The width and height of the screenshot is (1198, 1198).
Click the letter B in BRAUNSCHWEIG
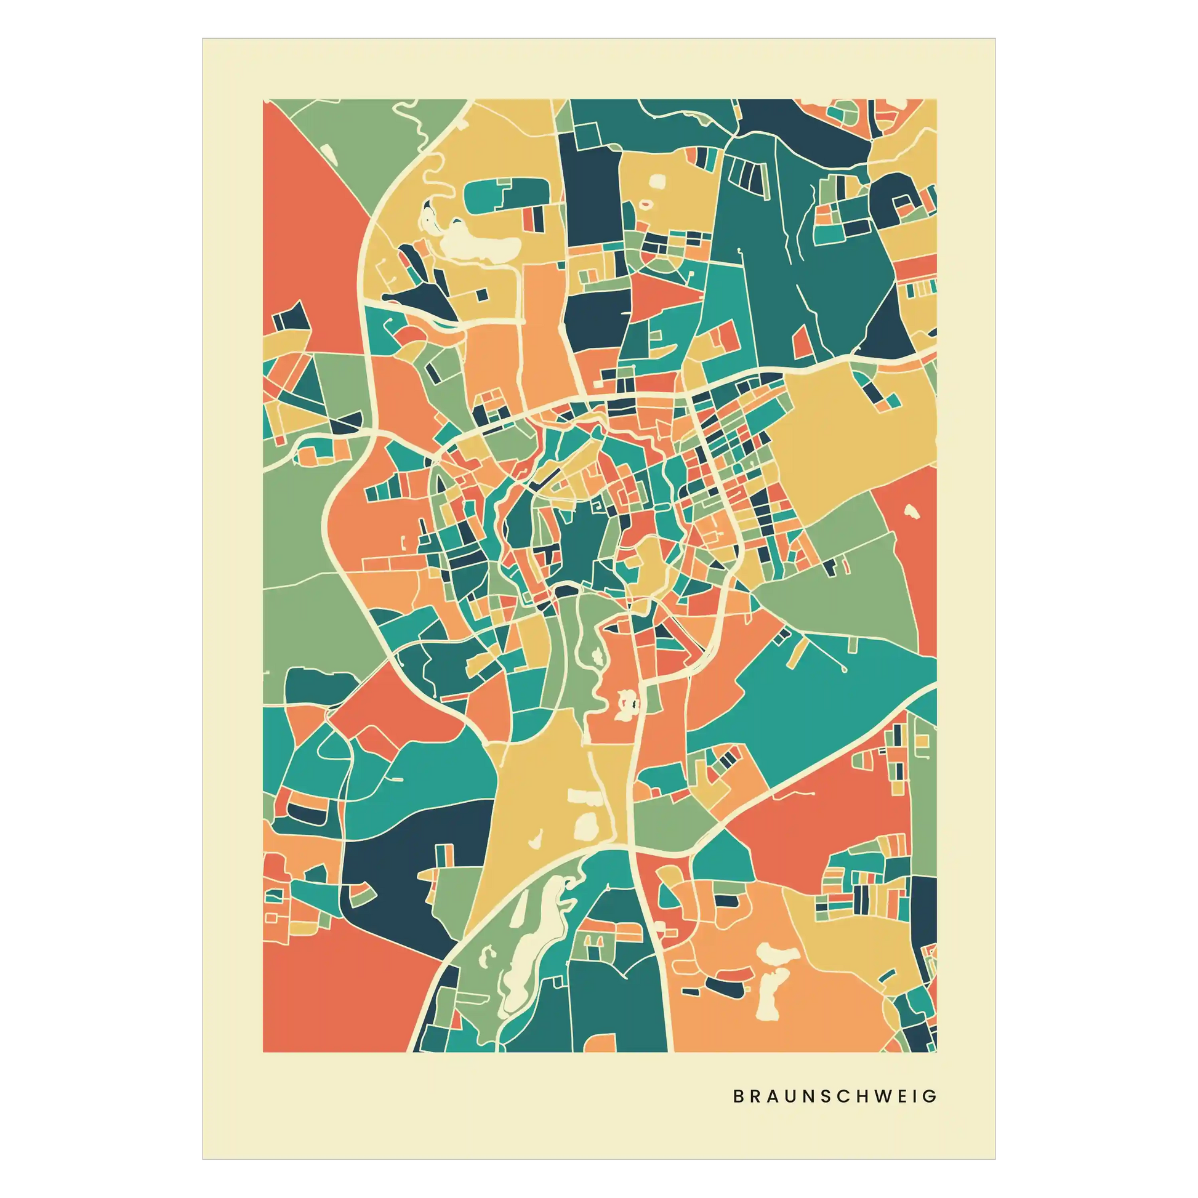pos(738,1096)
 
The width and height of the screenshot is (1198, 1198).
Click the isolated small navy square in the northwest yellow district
pos(481,295)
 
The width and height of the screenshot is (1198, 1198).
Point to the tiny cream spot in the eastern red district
pos(911,511)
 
